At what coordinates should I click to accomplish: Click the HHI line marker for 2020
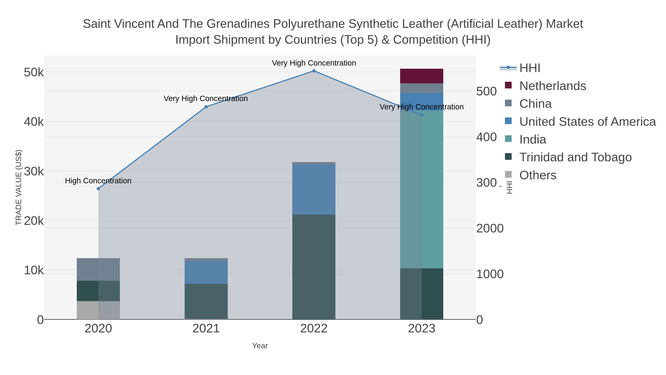tap(98, 189)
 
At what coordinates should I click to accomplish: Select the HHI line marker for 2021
tap(206, 107)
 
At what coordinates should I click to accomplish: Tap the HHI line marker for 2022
tap(314, 71)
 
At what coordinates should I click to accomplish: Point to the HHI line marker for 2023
tap(422, 115)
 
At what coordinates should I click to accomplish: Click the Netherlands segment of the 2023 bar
tap(422, 76)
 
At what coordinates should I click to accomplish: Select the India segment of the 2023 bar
tap(422, 189)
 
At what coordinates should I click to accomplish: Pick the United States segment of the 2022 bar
tap(314, 189)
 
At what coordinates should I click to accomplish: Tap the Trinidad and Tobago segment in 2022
tap(314, 266)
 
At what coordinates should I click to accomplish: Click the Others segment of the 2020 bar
tap(98, 310)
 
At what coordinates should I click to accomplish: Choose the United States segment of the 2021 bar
tap(206, 273)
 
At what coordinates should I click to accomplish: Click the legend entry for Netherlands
tap(552, 86)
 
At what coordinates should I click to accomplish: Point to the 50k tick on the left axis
tap(34, 72)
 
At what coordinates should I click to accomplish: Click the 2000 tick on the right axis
tap(490, 229)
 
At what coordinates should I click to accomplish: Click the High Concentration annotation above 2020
tap(98, 181)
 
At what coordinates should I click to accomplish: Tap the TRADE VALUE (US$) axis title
tap(19, 187)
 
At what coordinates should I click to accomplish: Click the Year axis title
tap(260, 346)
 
